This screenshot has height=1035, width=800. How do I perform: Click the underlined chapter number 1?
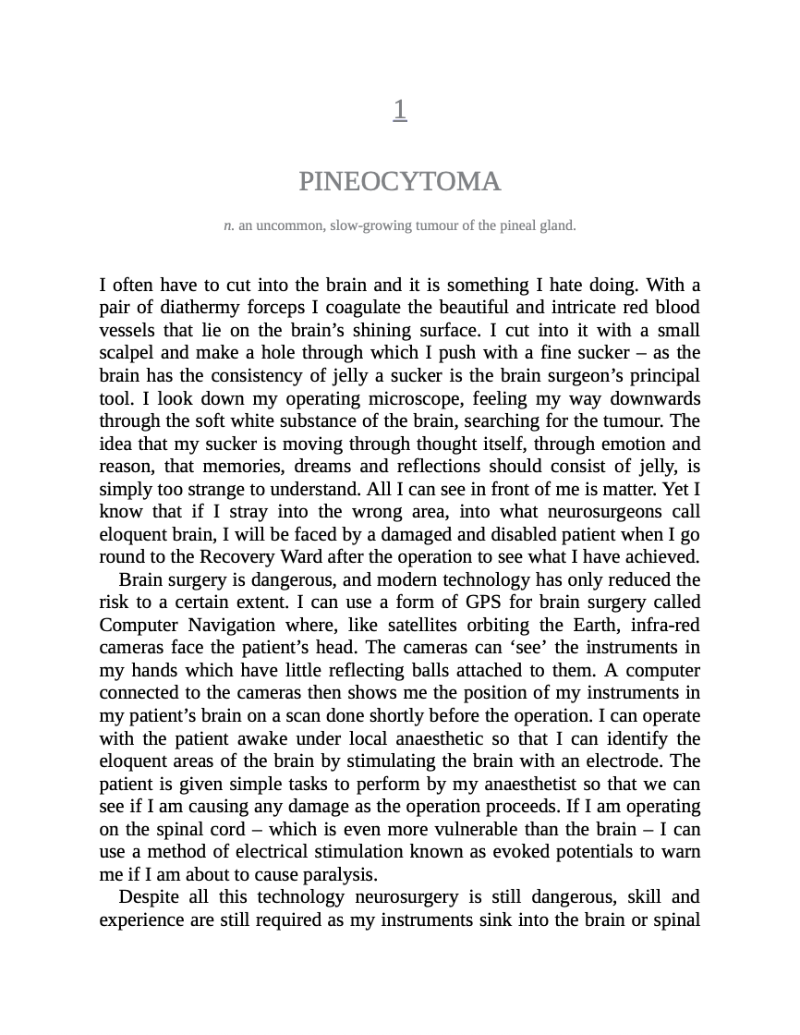400,110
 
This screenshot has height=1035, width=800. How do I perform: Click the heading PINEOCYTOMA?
400,182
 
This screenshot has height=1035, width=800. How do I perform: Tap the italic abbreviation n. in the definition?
229,225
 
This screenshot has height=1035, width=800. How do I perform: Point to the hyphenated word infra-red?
663,625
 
